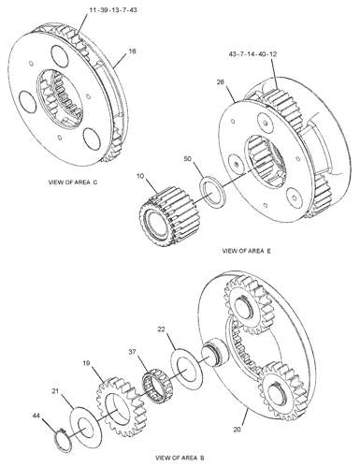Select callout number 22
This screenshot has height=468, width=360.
coord(161,329)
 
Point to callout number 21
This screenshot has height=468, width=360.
coord(55,391)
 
